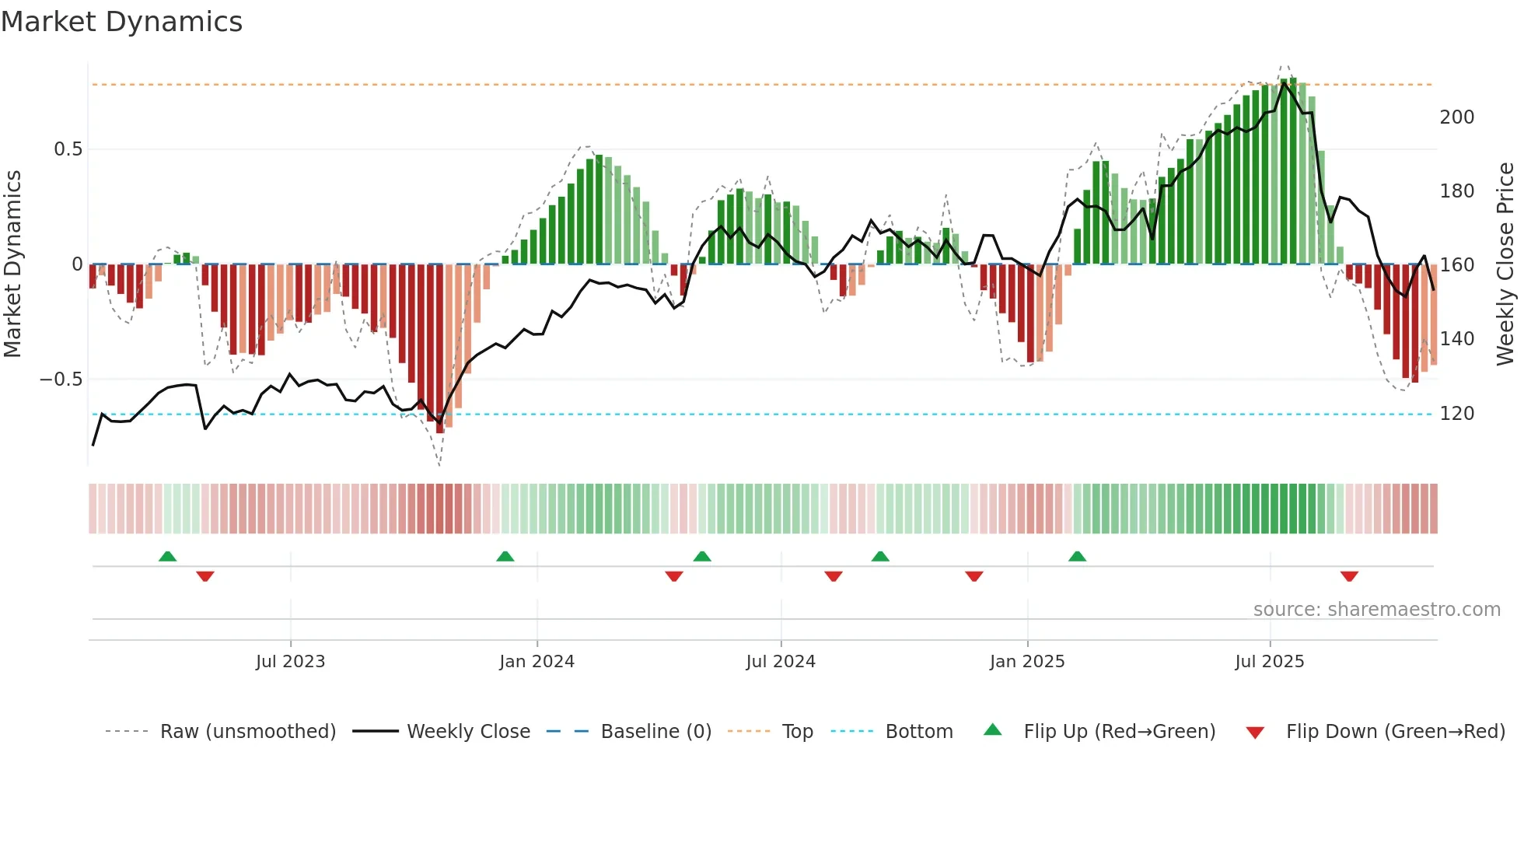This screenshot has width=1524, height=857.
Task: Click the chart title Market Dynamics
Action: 122,22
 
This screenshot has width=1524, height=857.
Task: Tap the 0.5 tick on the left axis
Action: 68,149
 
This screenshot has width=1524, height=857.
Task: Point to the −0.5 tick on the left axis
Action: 61,380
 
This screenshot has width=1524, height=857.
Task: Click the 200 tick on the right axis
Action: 1456,117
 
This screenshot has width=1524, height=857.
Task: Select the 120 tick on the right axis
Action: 1456,414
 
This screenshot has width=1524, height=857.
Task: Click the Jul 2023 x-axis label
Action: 290,662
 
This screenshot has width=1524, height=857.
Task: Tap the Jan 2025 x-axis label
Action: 1026,662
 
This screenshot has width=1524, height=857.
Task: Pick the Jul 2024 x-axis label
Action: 781,662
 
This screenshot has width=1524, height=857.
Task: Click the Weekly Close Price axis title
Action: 1505,264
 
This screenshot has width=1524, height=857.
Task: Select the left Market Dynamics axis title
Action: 12,264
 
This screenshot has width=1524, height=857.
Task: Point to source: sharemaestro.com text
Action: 1376,610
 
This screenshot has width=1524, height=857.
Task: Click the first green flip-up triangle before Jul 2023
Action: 167,556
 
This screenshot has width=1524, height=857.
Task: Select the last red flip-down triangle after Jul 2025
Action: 1349,576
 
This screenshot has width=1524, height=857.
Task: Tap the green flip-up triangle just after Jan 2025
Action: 1077,556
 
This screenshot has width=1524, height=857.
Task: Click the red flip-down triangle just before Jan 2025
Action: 974,576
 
